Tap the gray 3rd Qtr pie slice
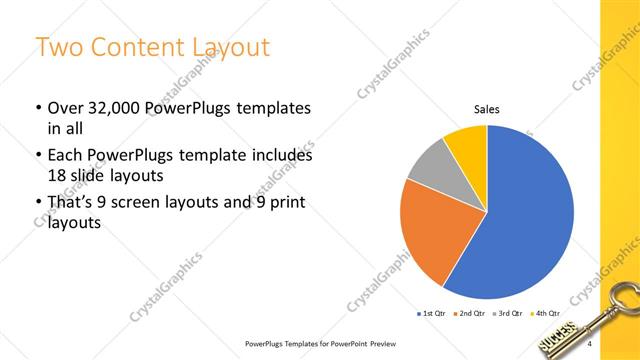(x=427, y=164)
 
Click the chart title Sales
(x=486, y=109)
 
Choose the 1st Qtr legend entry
(x=433, y=314)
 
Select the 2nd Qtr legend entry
(x=474, y=314)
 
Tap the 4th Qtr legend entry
(x=547, y=314)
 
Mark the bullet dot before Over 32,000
(x=38, y=108)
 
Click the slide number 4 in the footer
(x=591, y=345)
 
